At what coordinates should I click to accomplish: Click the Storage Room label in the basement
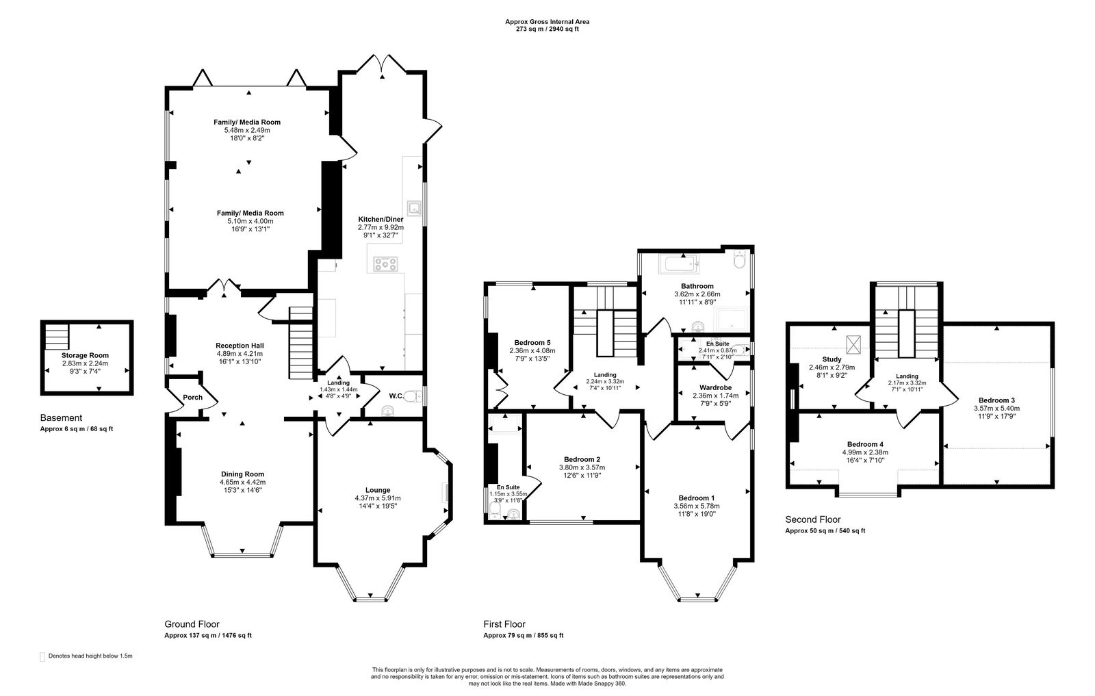coord(86,355)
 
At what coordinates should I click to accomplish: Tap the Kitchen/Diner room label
coord(381,219)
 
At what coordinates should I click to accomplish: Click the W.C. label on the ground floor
coord(395,396)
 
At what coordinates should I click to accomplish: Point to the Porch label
coord(183,398)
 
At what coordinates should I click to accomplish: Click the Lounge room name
coord(377,490)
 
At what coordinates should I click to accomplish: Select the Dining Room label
coord(242,474)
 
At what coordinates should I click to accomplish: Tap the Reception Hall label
coord(240,346)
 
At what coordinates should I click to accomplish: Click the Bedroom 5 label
coord(532,342)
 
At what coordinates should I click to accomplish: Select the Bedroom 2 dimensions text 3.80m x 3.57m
coord(582,468)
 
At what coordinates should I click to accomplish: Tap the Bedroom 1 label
coord(697,498)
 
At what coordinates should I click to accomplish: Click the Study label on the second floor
coord(832,359)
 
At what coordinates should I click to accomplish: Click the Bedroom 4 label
coord(862,444)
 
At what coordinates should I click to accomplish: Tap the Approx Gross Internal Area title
coord(547,22)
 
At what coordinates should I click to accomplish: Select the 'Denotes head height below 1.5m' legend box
coord(42,656)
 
